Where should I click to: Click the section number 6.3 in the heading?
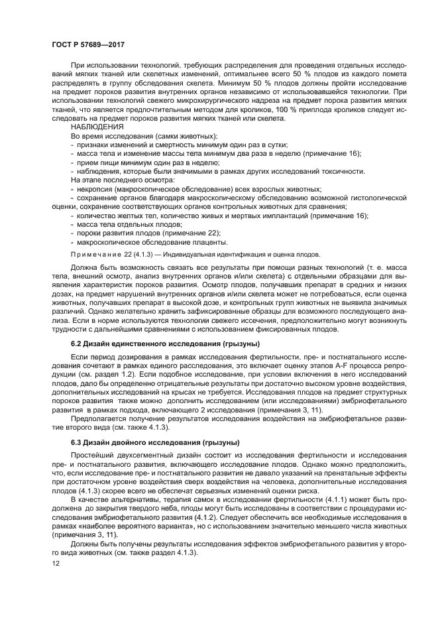(x=77, y=442)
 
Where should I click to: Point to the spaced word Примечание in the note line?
(x=95, y=255)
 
